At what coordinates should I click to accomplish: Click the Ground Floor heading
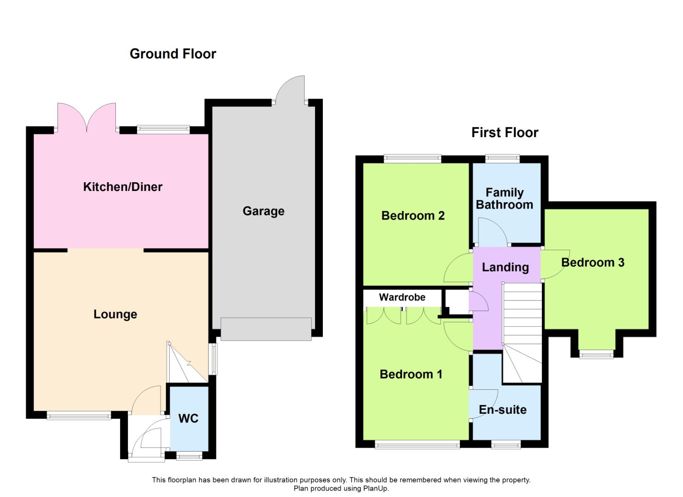(173, 54)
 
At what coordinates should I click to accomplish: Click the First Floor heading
(505, 133)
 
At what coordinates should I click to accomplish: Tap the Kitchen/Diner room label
(123, 187)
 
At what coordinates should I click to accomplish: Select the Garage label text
(264, 211)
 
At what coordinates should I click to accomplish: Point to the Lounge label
(115, 314)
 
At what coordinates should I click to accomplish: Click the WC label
(189, 418)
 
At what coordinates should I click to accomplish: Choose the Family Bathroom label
(505, 199)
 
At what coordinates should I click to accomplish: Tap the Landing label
(505, 267)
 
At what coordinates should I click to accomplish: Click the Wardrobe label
(402, 297)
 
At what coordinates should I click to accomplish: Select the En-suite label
(503, 410)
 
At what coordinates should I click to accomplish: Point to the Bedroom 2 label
(413, 216)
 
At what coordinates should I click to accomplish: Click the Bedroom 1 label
(411, 374)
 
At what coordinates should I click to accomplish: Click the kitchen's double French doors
(86, 117)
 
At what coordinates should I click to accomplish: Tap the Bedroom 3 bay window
(597, 354)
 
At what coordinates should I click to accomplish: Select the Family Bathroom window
(503, 158)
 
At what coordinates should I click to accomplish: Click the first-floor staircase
(522, 333)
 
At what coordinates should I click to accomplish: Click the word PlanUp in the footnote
(376, 488)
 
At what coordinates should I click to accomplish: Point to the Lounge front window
(79, 415)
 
